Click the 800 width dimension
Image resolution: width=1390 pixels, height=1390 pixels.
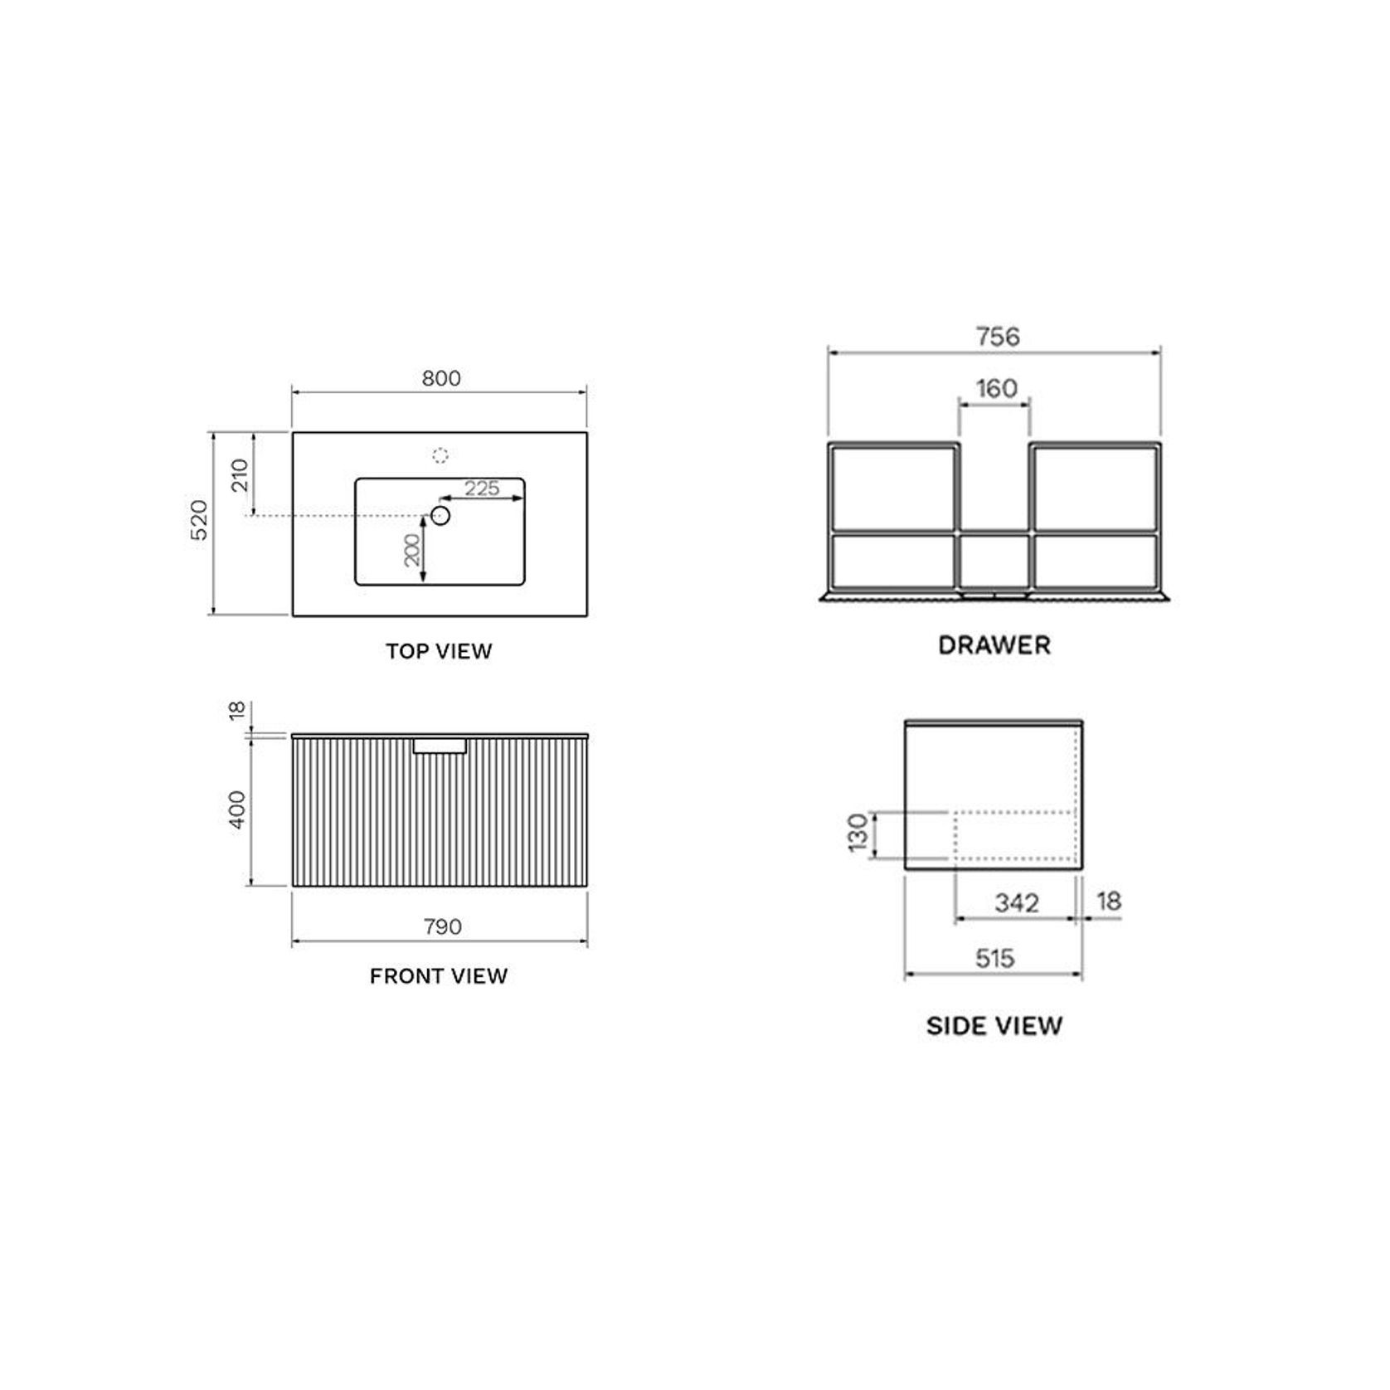click(440, 378)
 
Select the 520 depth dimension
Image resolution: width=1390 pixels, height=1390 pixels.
click(200, 520)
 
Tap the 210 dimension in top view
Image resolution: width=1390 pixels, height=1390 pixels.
click(240, 475)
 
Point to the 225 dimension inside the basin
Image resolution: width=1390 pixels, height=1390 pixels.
click(482, 488)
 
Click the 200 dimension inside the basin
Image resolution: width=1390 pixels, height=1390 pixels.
click(412, 550)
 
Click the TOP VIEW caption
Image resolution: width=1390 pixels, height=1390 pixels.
click(439, 651)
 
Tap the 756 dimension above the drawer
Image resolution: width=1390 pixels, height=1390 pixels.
click(997, 336)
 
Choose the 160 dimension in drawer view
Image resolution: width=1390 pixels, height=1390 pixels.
click(996, 388)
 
